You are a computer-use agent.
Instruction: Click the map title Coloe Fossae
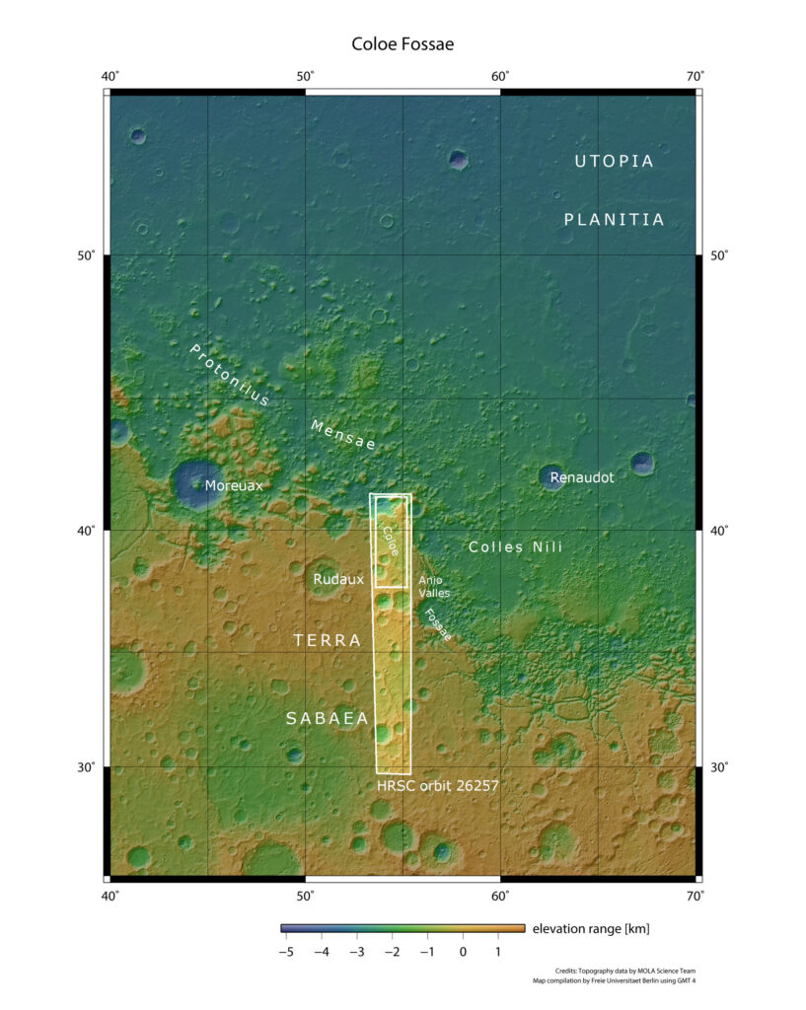(403, 44)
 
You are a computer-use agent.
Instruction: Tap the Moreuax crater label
(234, 485)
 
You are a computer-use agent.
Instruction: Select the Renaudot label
(582, 477)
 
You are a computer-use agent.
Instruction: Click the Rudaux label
(338, 580)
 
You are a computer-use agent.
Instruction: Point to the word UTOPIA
(614, 161)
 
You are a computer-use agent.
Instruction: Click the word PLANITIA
(614, 220)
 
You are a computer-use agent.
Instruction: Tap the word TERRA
(328, 641)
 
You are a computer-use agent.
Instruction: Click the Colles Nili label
(515, 546)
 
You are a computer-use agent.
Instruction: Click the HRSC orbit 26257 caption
(438, 787)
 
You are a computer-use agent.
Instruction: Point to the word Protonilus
(229, 375)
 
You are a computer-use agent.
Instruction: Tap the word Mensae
(343, 435)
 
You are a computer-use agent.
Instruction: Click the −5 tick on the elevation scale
(285, 952)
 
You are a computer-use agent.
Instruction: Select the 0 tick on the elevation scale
(462, 952)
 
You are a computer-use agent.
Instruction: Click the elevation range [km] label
(590, 929)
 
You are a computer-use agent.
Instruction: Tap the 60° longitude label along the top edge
(500, 77)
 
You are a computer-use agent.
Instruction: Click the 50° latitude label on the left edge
(86, 256)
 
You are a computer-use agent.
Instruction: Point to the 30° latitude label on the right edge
(720, 767)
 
